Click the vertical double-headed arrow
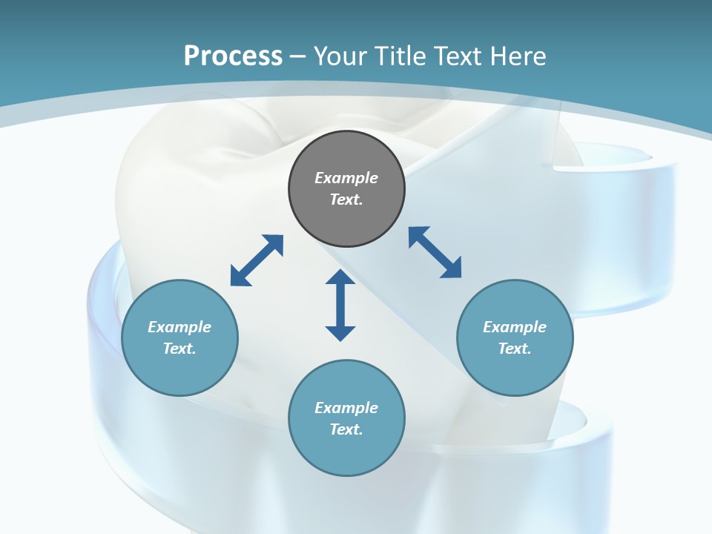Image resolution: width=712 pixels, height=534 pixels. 340,306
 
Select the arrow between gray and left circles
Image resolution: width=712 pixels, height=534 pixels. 257,260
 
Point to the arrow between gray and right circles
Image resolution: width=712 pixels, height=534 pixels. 435,252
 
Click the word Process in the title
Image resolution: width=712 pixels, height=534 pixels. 233,56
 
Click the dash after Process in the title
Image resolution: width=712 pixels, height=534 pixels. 297,56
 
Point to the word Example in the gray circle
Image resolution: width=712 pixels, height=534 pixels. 346,178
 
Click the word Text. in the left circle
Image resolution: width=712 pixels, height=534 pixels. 179,349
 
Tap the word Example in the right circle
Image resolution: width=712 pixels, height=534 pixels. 515,327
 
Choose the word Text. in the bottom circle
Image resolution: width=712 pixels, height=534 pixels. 346,429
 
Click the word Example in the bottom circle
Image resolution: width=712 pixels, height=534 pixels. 346,408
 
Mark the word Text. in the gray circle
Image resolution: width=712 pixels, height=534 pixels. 346,200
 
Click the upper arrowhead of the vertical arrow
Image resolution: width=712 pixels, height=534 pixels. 340,278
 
